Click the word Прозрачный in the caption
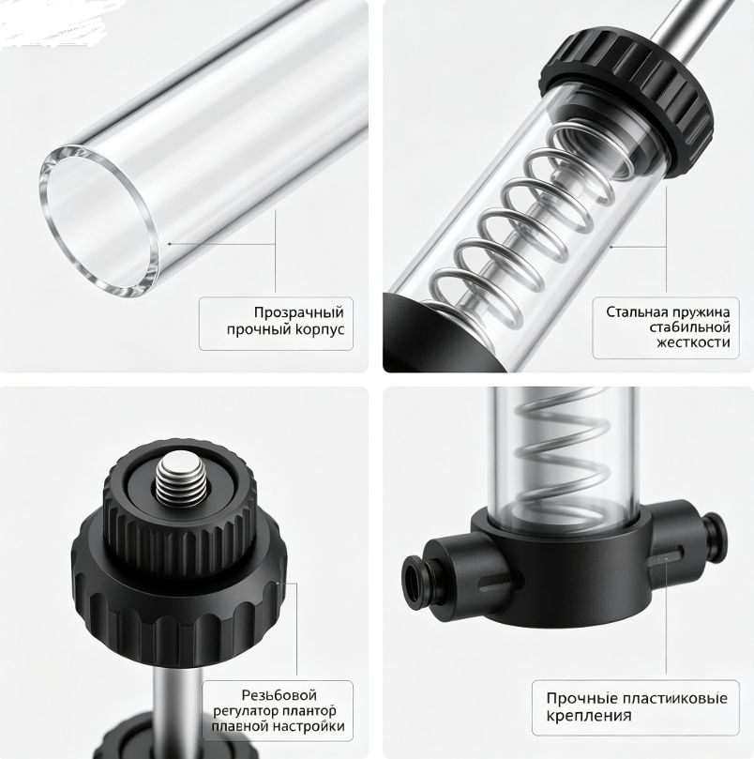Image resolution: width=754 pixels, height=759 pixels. click(298, 312)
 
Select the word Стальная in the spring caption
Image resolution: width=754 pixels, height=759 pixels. click(634, 311)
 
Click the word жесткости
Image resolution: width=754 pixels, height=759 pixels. click(693, 342)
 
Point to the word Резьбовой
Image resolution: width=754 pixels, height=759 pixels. click(279, 695)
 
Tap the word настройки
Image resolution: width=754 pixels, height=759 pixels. click(309, 726)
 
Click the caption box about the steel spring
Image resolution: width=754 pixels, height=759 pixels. click(666, 327)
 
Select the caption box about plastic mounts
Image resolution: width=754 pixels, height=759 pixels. click(636, 707)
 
